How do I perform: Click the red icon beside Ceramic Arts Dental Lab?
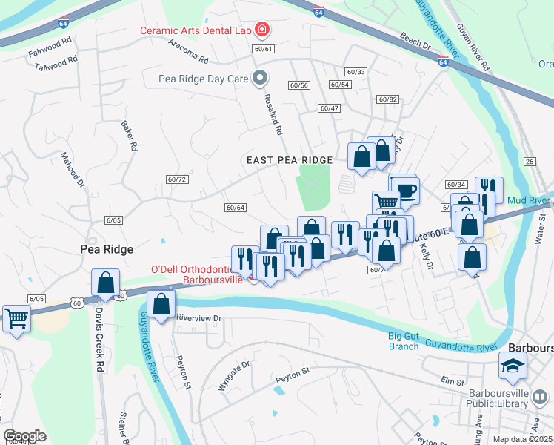[x=261, y=30]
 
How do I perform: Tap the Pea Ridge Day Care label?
[x=204, y=77]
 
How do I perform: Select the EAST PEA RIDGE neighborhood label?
[x=290, y=160]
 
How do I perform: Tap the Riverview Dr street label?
[x=199, y=317]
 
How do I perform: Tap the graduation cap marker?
[x=512, y=366]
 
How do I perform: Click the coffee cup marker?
[x=406, y=191]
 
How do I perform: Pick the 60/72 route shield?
[x=176, y=179]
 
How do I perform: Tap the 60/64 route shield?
[x=235, y=208]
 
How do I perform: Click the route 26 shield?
[x=528, y=162]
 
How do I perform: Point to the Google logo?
[x=24, y=435]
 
